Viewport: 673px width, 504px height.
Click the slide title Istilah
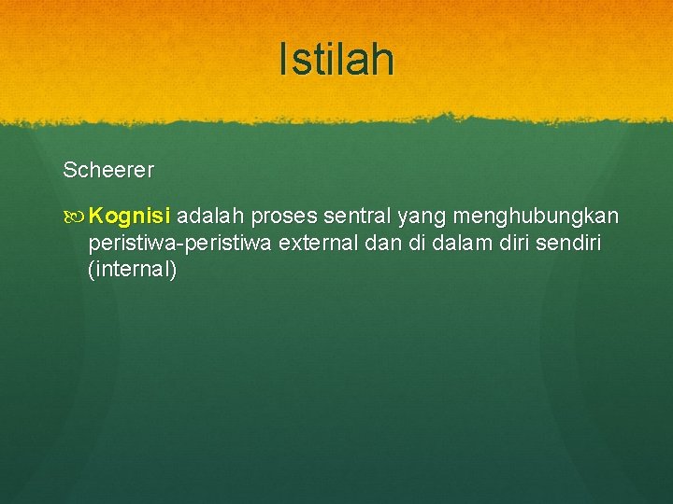336,61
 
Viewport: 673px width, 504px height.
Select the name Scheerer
108,171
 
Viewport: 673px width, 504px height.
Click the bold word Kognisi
131,217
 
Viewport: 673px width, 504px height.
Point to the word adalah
208,217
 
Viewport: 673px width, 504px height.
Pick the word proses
283,217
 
